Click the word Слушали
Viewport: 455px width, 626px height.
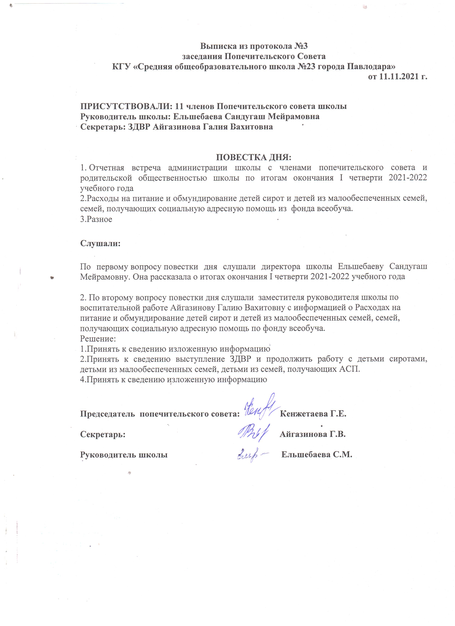coord(100,243)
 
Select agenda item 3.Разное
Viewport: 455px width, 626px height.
coord(96,219)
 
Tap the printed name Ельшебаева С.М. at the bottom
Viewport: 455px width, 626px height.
coord(317,455)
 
